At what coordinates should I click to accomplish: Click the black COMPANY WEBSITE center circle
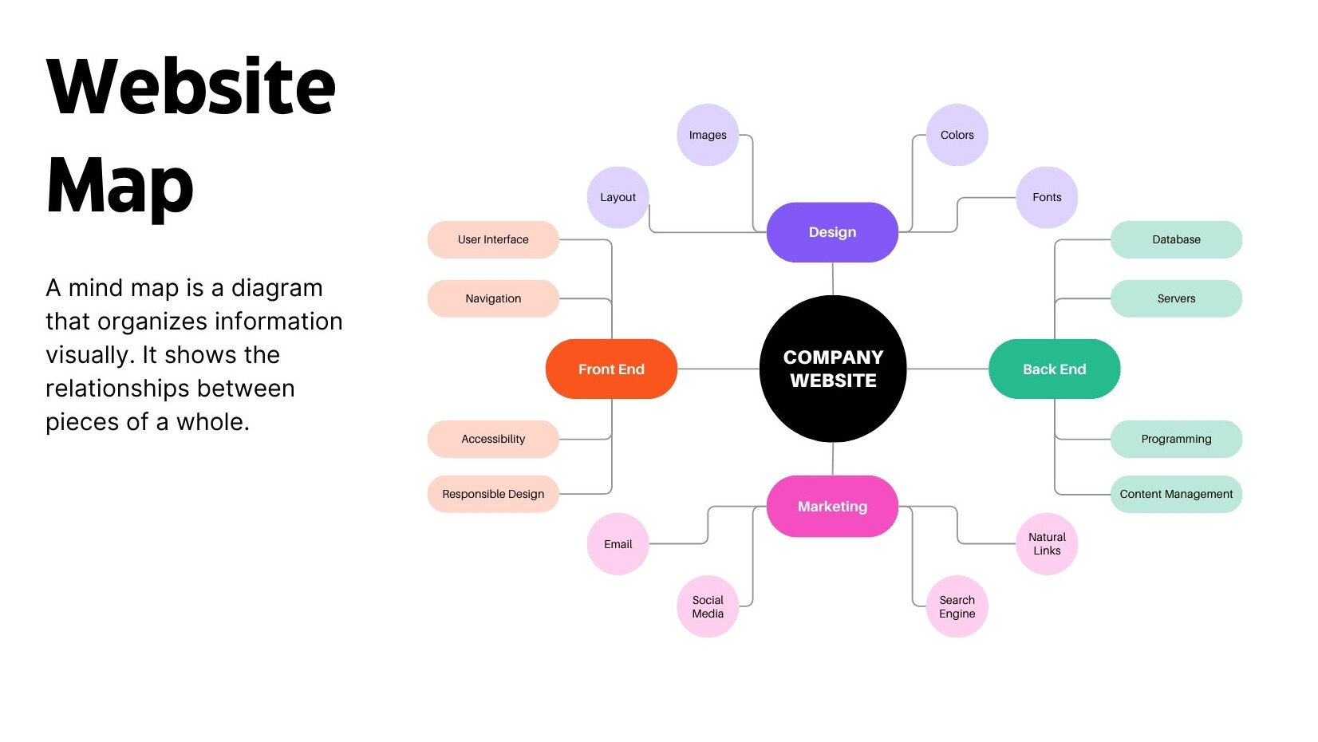click(x=833, y=369)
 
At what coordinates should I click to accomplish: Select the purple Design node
click(x=832, y=232)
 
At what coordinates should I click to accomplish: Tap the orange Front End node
click(x=611, y=369)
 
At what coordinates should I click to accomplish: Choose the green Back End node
click(x=1054, y=369)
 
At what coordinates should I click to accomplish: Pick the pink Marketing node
click(x=832, y=506)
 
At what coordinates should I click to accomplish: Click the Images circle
click(x=708, y=135)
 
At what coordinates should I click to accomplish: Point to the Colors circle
click(x=957, y=135)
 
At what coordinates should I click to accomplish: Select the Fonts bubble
click(x=1047, y=197)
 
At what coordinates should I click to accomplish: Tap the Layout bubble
click(x=618, y=197)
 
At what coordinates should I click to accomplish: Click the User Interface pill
click(x=493, y=239)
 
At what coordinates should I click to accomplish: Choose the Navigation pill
click(x=493, y=298)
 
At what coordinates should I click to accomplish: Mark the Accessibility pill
click(x=493, y=439)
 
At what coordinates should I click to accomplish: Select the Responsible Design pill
click(x=493, y=494)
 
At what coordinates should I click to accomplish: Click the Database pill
click(x=1176, y=239)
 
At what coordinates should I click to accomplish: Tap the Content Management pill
click(x=1176, y=494)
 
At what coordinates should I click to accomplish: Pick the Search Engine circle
click(x=957, y=606)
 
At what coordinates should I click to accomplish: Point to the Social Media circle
click(x=708, y=606)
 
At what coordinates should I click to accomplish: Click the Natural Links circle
click(x=1047, y=543)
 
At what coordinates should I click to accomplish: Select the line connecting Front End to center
click(x=718, y=369)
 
